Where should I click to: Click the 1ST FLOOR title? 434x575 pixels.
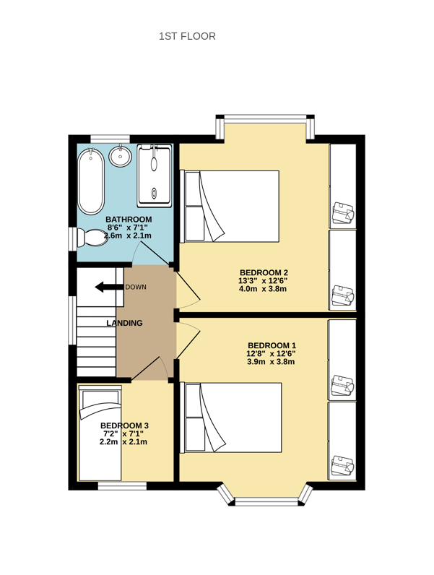pos(187,36)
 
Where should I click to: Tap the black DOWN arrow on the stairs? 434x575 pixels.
pos(109,287)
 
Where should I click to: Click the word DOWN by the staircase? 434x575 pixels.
pos(136,287)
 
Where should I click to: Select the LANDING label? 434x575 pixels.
pos(125,323)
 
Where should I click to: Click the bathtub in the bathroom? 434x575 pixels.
pos(91,181)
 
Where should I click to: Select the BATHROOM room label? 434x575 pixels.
pos(129,220)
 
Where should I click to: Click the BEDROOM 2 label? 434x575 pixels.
pos(264,272)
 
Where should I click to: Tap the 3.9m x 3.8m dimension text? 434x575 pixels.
pos(271,362)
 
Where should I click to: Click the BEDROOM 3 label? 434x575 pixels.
pos(124,425)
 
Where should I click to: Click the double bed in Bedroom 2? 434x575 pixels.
pos(230,206)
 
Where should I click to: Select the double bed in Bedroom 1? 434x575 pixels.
pos(231,418)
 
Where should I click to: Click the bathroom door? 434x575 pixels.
pos(153,253)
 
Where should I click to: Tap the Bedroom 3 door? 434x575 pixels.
pos(146,368)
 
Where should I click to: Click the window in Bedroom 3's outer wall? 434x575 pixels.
pos(122,486)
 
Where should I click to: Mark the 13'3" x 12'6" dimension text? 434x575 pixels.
pos(263,281)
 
